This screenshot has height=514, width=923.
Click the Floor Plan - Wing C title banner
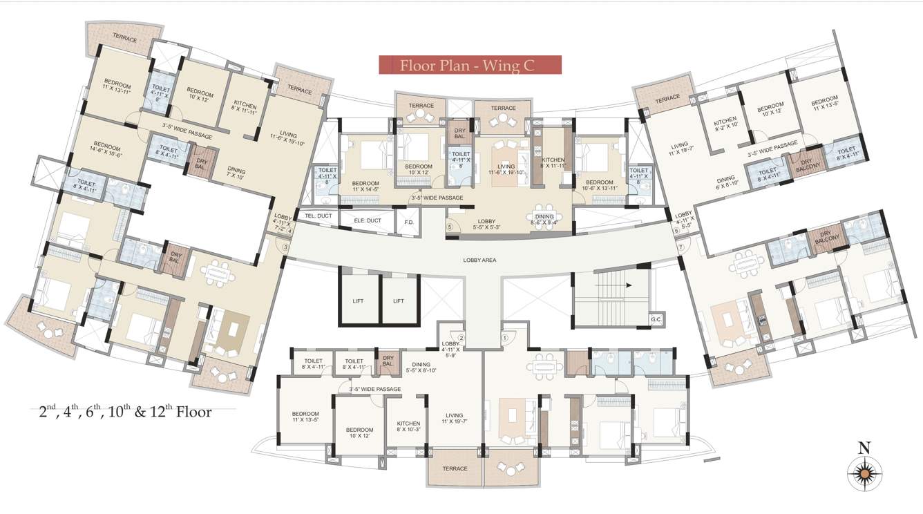coord(470,65)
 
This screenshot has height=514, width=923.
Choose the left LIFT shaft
coord(359,301)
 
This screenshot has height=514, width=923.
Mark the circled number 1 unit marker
coord(504,338)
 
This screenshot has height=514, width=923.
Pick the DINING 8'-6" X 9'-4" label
coord(550,220)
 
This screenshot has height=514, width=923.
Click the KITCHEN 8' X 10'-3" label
coord(408,427)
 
